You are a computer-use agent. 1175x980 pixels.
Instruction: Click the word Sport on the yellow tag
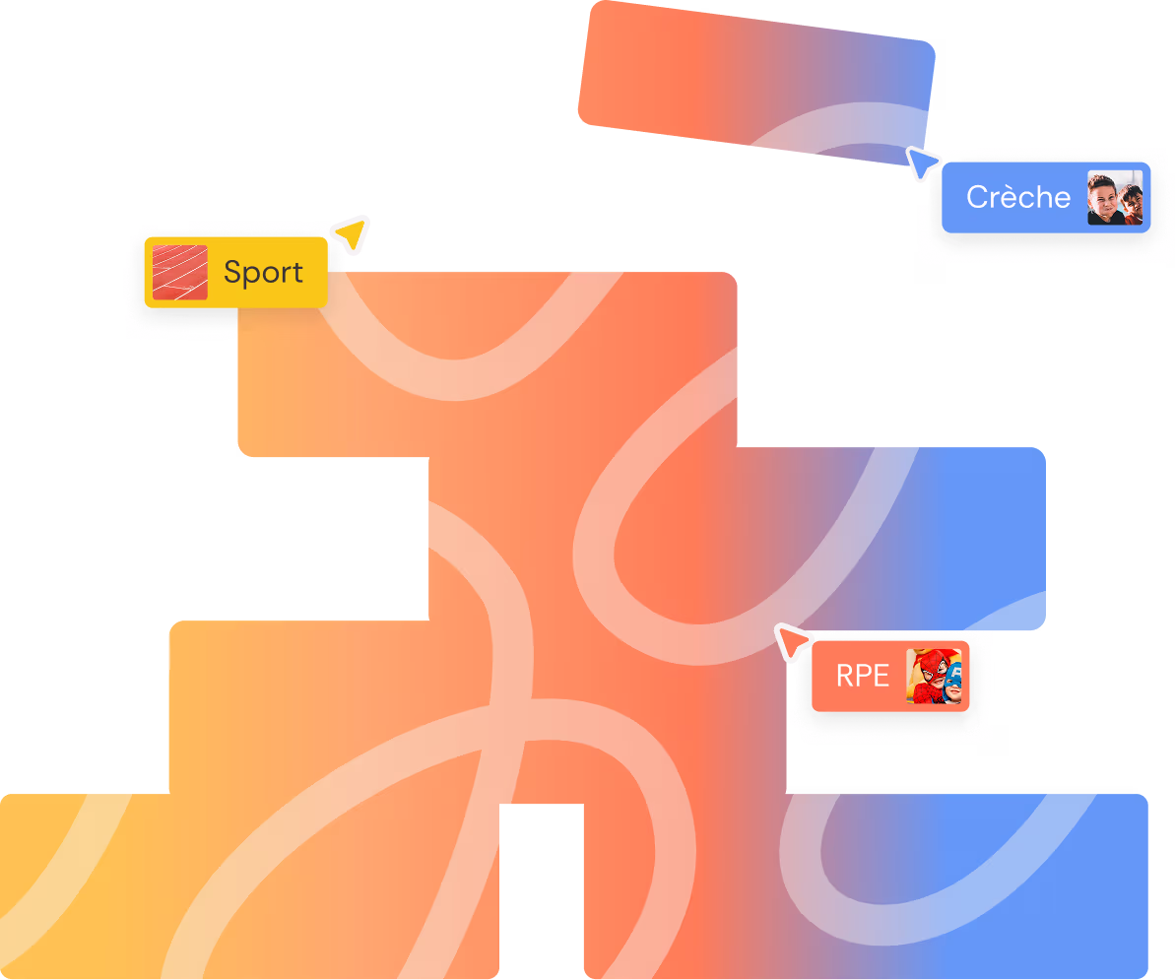[263, 272]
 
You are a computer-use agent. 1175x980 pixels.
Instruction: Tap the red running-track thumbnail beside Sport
[180, 272]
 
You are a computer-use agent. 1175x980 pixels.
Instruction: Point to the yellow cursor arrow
[353, 233]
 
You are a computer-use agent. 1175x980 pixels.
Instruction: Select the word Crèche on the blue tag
[1017, 197]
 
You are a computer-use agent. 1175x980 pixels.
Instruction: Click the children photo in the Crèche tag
[1115, 198]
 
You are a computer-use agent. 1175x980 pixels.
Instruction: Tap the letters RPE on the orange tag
[862, 676]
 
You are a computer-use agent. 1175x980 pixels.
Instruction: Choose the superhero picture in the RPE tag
[932, 676]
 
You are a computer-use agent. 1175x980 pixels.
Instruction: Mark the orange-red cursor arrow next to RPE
[791, 641]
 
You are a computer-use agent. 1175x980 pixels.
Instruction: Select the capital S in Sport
[232, 272]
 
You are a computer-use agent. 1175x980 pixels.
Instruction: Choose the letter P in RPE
[862, 676]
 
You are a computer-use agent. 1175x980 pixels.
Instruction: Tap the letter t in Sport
[297, 273]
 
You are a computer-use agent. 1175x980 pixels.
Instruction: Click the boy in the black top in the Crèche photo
[1104, 201]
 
